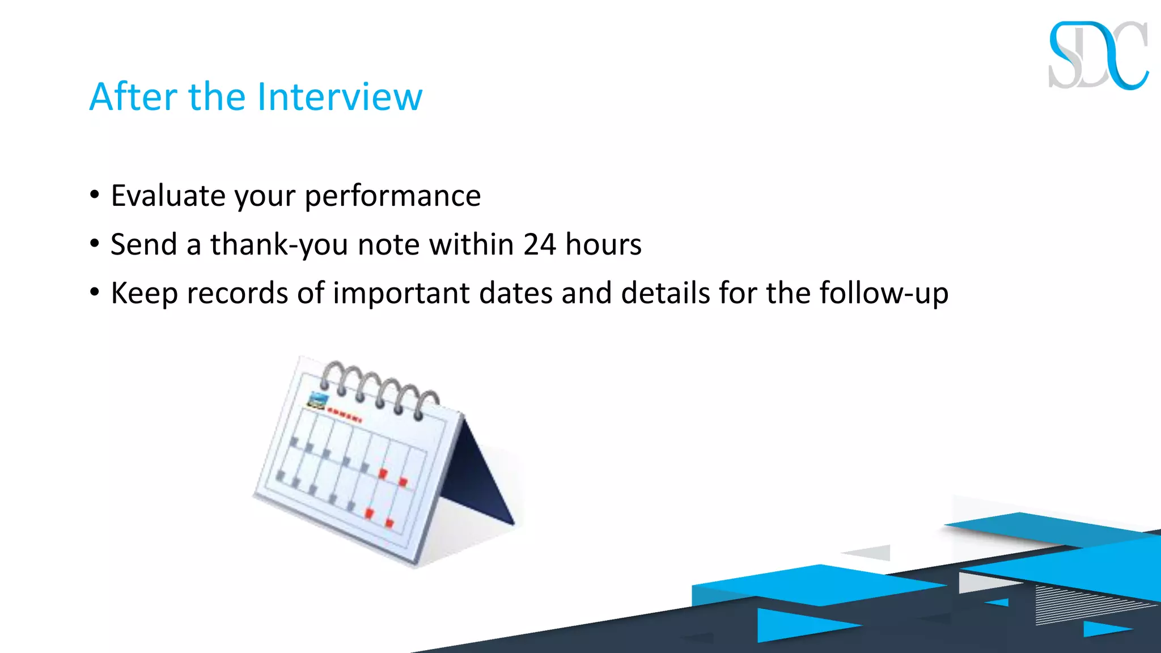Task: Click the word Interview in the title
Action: (340, 97)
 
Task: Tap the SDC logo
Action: (1098, 56)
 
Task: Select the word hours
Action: (603, 245)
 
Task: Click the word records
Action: (238, 294)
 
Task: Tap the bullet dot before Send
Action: (95, 244)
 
